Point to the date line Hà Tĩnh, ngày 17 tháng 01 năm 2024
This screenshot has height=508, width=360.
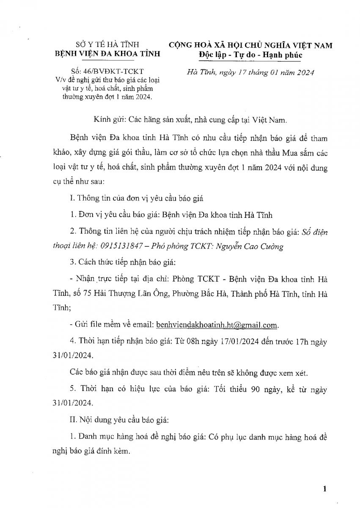click(x=250, y=72)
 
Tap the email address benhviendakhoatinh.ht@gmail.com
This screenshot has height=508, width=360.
click(x=217, y=325)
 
